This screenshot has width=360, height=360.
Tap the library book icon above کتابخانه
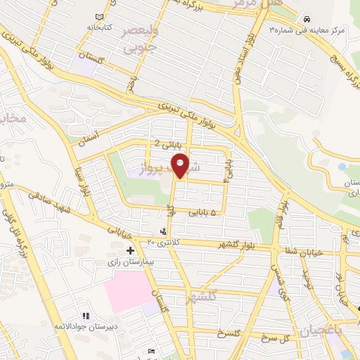99,15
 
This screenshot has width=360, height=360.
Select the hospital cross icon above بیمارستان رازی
129,250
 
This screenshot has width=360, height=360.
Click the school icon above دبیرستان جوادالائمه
86,316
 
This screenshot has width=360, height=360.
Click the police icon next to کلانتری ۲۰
163,231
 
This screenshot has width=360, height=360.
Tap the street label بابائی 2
168,145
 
